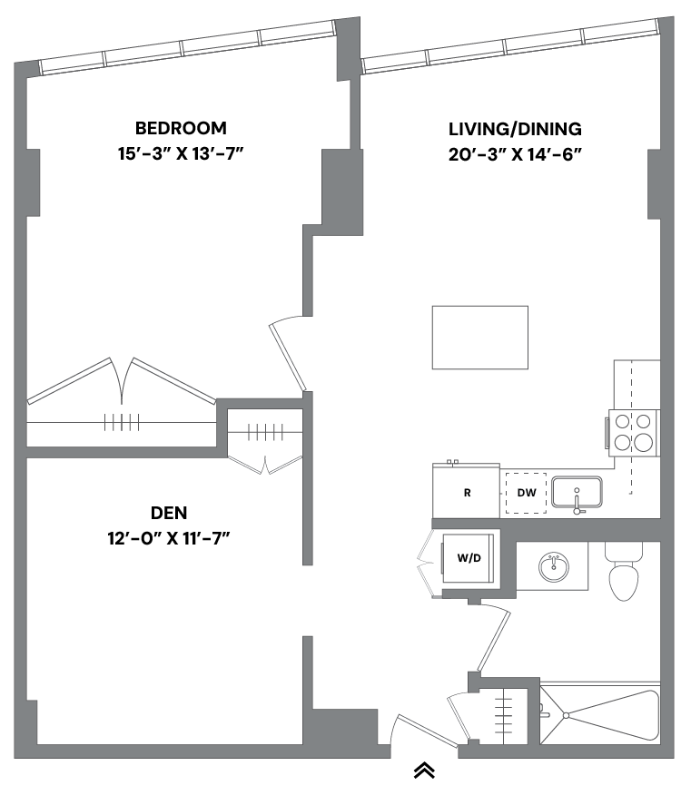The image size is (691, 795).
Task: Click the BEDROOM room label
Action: coord(181,128)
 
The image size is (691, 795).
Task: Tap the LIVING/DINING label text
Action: coord(515,129)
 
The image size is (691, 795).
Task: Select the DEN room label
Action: coord(170,513)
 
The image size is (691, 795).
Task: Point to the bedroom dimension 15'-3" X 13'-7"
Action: coord(182,153)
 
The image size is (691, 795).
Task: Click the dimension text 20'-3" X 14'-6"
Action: coord(515,154)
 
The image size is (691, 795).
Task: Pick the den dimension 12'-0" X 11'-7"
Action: coord(170,538)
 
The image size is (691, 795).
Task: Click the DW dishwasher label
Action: coord(527,495)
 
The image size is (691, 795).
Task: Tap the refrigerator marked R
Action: coord(466,493)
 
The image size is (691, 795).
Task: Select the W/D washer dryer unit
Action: coord(469,558)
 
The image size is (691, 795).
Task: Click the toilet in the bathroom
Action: coord(624,574)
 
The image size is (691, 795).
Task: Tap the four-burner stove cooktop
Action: coord(632,432)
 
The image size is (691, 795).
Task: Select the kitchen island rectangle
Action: coord(479,337)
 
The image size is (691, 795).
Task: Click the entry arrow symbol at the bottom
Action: coord(424,770)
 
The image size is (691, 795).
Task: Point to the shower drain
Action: coord(565,715)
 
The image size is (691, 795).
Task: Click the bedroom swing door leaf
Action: coord(288,357)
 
